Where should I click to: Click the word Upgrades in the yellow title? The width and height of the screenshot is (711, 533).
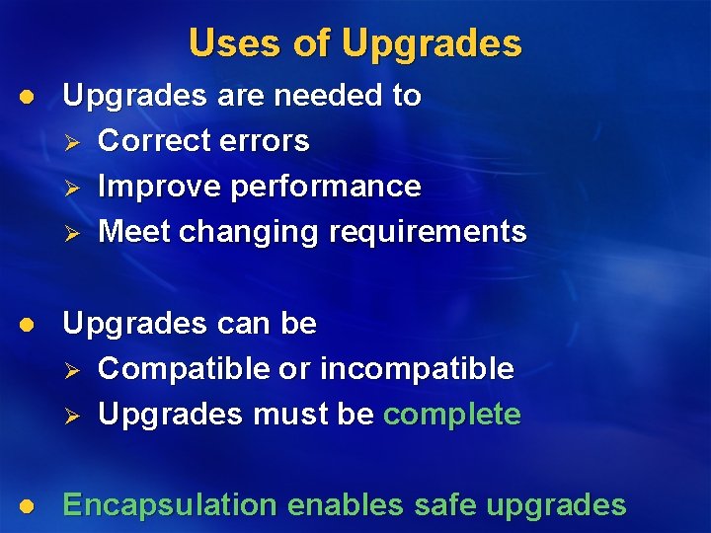[x=431, y=43]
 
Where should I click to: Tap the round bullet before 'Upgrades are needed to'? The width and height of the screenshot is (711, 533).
[x=30, y=97]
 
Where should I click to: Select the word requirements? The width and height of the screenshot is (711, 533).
[x=428, y=233]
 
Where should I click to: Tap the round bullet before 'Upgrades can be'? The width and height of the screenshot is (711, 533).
[x=30, y=325]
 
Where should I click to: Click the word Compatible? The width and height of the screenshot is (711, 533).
[x=184, y=369]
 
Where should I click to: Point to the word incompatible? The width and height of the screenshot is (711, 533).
[x=412, y=369]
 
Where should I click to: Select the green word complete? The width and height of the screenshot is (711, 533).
[x=451, y=415]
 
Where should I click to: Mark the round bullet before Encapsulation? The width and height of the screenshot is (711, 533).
[x=30, y=506]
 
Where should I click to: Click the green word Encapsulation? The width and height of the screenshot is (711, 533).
[x=170, y=505]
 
